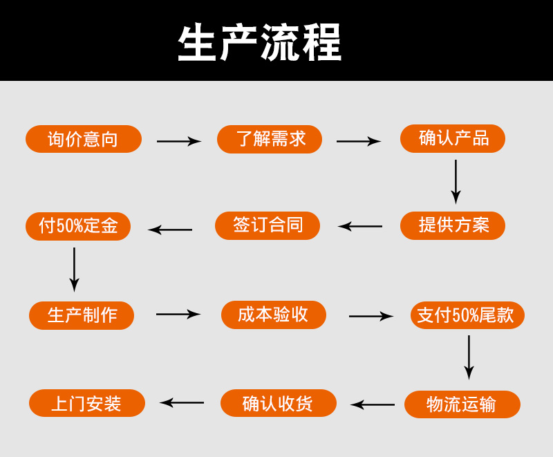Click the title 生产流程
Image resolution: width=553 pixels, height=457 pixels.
[x=260, y=43]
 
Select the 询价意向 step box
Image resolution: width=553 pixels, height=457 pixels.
[x=84, y=139]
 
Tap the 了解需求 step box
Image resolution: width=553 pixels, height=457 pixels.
[x=270, y=139]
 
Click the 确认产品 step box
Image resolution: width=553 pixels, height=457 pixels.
[x=453, y=138]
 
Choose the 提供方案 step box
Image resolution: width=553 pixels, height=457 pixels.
[x=453, y=225]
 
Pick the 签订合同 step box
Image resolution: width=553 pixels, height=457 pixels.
[x=268, y=225]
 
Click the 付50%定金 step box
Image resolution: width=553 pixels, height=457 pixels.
[x=78, y=226]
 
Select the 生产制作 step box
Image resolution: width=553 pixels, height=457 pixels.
[x=82, y=315]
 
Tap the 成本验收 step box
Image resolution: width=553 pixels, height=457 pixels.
[x=274, y=315]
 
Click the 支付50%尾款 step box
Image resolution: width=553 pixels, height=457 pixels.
[x=467, y=315]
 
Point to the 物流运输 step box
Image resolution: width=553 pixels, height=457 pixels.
[x=462, y=404]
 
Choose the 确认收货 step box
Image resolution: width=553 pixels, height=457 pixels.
[x=279, y=403]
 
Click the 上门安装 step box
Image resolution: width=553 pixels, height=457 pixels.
[x=87, y=403]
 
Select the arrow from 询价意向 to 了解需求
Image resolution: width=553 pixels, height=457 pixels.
[x=178, y=142]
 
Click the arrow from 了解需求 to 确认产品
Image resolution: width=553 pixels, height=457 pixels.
[x=358, y=142]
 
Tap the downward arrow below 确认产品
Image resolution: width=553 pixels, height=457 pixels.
[x=456, y=181]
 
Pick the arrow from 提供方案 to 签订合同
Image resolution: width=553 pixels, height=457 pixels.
[x=360, y=226]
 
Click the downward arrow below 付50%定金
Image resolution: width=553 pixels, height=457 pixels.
[x=74, y=269]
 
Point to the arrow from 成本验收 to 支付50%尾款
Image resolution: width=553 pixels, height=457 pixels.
[x=371, y=317]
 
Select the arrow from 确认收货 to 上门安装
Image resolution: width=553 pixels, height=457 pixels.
[x=182, y=402]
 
